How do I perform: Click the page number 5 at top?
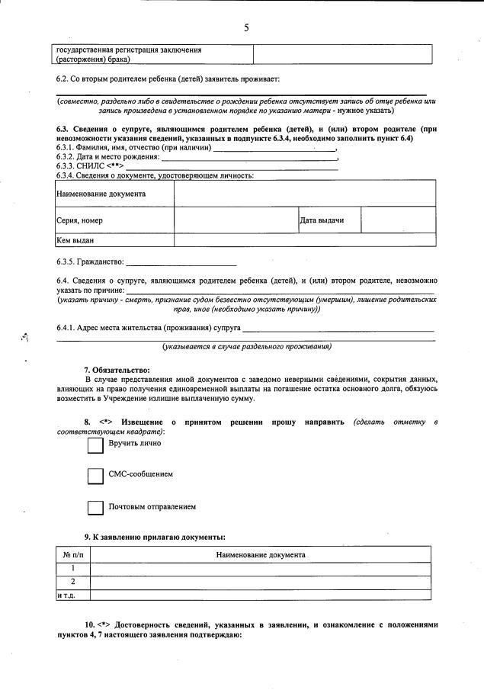(x=246, y=27)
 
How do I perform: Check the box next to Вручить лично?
(x=95, y=444)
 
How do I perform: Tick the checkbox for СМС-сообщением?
(x=95, y=476)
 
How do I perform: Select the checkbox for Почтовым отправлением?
(x=95, y=507)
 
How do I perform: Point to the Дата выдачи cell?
(x=329, y=220)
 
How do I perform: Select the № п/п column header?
(x=72, y=555)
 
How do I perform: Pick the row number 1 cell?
(x=72, y=569)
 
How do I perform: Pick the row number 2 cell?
(x=72, y=582)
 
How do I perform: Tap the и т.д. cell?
(x=72, y=595)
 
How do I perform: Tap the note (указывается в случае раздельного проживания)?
(x=246, y=347)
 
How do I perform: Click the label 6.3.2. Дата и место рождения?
(x=107, y=157)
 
